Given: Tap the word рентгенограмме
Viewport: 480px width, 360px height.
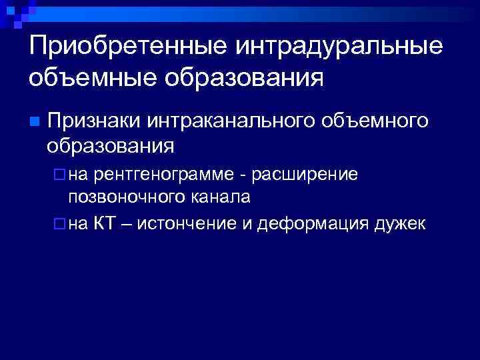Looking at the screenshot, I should pyautogui.click(x=163, y=175).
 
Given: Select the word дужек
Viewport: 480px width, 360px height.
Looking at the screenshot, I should pyautogui.click(x=402, y=223).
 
